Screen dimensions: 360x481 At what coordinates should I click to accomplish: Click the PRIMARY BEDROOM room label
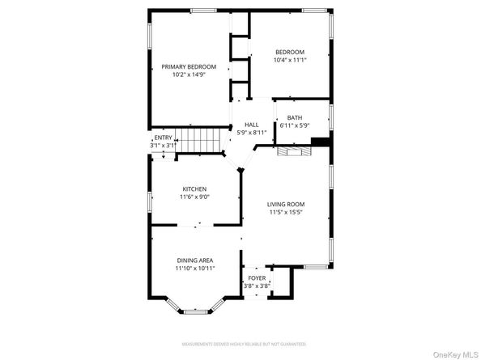point(189,66)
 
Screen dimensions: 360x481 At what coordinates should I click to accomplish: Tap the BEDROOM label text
point(290,52)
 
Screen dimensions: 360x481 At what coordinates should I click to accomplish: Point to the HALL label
point(251,125)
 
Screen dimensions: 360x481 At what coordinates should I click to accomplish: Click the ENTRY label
point(163,138)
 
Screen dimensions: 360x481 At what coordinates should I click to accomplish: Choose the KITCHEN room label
point(194,189)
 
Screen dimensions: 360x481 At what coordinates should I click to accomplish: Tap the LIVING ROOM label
point(286,205)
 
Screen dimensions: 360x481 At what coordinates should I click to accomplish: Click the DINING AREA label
point(194,260)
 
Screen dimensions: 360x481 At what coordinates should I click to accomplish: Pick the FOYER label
point(257,278)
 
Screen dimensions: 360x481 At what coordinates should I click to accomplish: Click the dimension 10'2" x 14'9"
point(189,75)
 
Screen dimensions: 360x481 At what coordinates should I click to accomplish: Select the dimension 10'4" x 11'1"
point(290,60)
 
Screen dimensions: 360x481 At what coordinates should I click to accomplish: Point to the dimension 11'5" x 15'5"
point(286,213)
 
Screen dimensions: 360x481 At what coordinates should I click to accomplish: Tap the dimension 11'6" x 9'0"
point(194,197)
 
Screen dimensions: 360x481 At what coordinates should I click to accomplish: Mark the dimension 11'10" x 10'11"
point(194,269)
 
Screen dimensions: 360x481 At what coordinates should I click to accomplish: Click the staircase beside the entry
point(199,142)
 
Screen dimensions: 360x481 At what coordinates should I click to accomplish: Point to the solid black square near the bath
point(320,142)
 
